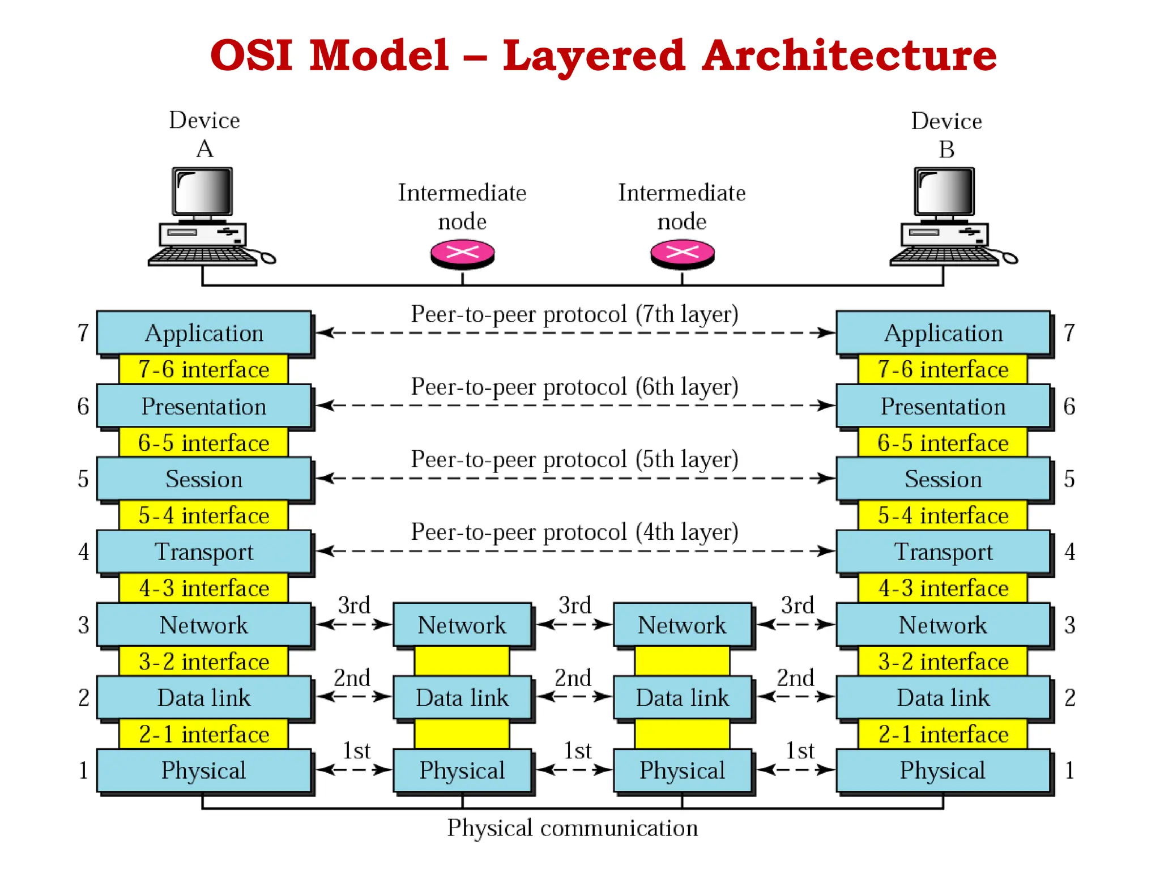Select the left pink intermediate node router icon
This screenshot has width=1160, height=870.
[x=462, y=253]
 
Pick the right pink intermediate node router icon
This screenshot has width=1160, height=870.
[x=682, y=253]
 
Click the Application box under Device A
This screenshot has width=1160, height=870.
[x=204, y=333]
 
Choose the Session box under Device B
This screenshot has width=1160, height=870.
[x=943, y=479]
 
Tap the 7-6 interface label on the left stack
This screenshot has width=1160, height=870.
[x=204, y=370]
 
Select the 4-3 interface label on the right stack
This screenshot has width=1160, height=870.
[x=943, y=588]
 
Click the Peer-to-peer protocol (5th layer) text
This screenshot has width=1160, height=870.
[x=574, y=459]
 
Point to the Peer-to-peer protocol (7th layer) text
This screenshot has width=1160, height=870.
[x=574, y=314]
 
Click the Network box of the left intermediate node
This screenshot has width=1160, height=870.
[x=462, y=625]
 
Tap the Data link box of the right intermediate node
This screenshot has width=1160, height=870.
[x=682, y=698]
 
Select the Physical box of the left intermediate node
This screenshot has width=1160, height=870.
[x=462, y=770]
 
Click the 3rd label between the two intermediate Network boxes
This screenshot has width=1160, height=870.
[x=574, y=605]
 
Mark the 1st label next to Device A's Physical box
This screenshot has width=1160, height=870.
[x=356, y=751]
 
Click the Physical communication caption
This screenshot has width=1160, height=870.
[x=572, y=828]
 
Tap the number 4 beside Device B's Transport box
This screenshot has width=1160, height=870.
[x=1069, y=552]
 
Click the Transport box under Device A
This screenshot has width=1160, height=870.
[x=204, y=552]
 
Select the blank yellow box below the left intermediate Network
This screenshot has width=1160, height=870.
[x=462, y=662]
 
